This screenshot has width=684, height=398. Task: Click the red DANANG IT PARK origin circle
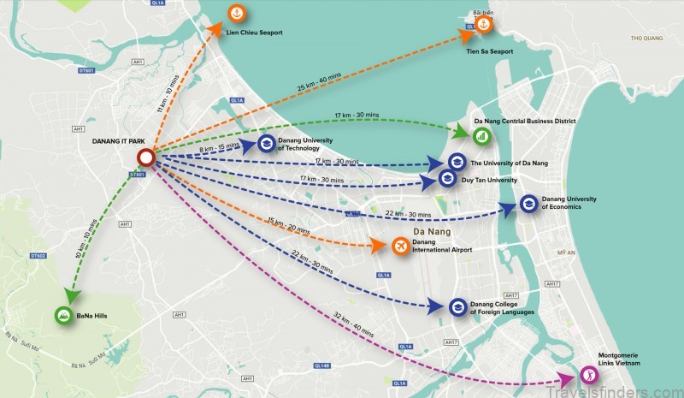[145, 157]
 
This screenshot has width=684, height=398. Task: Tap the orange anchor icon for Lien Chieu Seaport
[237, 15]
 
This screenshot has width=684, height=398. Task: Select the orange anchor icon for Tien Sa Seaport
[484, 27]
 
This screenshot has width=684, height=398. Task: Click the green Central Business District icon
[482, 135]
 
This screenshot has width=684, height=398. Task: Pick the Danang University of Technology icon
[265, 144]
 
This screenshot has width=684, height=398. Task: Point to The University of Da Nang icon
[457, 163]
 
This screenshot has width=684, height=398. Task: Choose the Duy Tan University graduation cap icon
[447, 179]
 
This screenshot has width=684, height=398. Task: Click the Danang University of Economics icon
[529, 204]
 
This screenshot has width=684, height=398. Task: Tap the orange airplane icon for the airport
[400, 246]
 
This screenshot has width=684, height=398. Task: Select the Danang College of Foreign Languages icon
[457, 307]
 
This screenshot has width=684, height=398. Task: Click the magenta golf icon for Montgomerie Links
[587, 374]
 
